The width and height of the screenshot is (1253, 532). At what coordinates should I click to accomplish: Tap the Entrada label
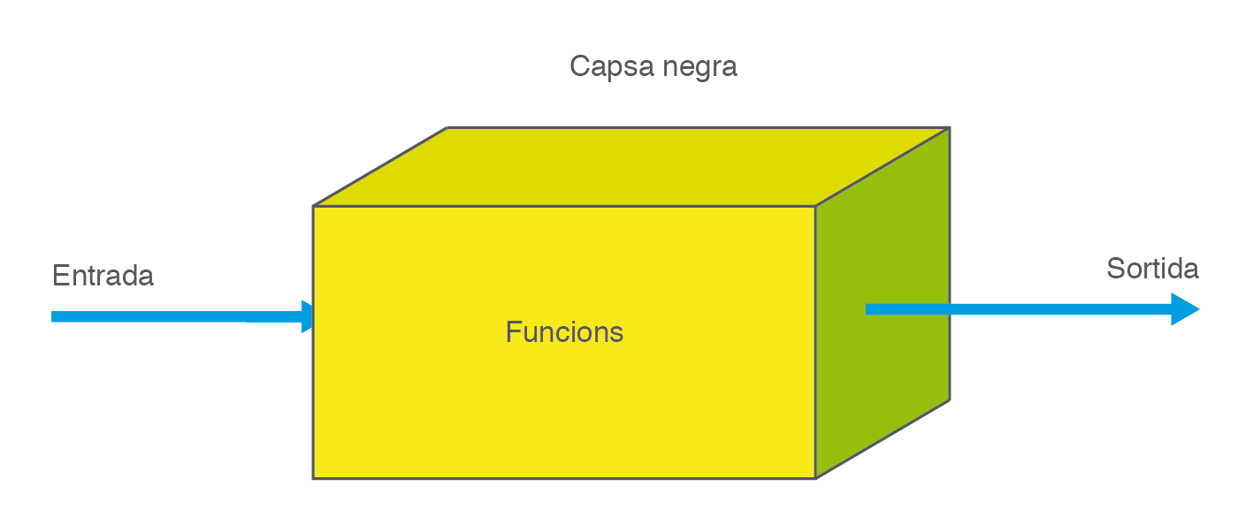103,276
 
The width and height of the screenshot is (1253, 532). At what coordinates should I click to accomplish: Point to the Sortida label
1152,269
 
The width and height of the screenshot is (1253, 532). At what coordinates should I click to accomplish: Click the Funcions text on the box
564,332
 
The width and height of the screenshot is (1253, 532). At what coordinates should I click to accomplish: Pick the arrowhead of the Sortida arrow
1184,309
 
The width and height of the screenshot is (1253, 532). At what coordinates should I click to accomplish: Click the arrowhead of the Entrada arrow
307,316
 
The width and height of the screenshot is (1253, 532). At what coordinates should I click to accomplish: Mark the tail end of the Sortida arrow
868,309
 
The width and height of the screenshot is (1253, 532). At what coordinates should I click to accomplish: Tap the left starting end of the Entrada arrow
54,316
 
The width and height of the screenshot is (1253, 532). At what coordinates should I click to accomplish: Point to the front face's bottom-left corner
314,478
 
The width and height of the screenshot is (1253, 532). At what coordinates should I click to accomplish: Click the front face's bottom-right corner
814,478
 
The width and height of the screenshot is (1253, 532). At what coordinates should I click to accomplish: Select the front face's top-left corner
314,207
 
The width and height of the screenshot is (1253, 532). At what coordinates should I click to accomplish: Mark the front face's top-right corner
814,207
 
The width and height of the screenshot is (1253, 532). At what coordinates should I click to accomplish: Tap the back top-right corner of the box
949,128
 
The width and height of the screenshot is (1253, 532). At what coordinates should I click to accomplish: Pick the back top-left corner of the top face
448,128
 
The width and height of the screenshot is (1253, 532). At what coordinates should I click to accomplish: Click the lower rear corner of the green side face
949,400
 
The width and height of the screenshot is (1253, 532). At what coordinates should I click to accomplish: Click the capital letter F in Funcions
512,332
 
